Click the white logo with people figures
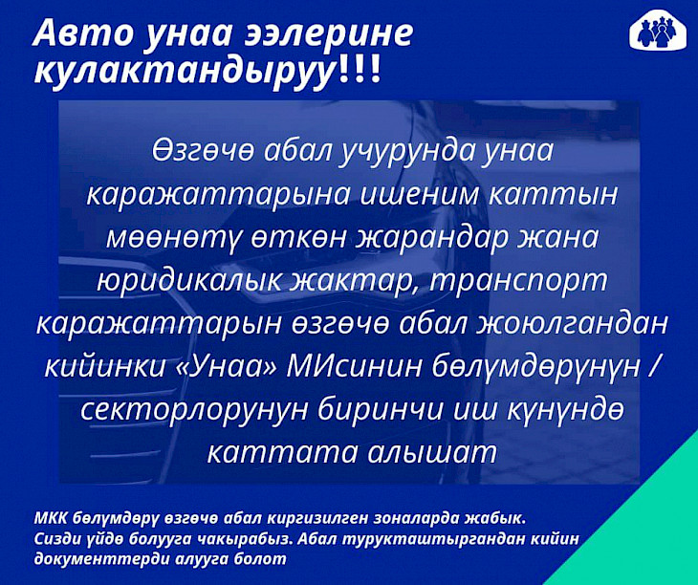click(x=658, y=32)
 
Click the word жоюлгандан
click(x=572, y=324)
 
